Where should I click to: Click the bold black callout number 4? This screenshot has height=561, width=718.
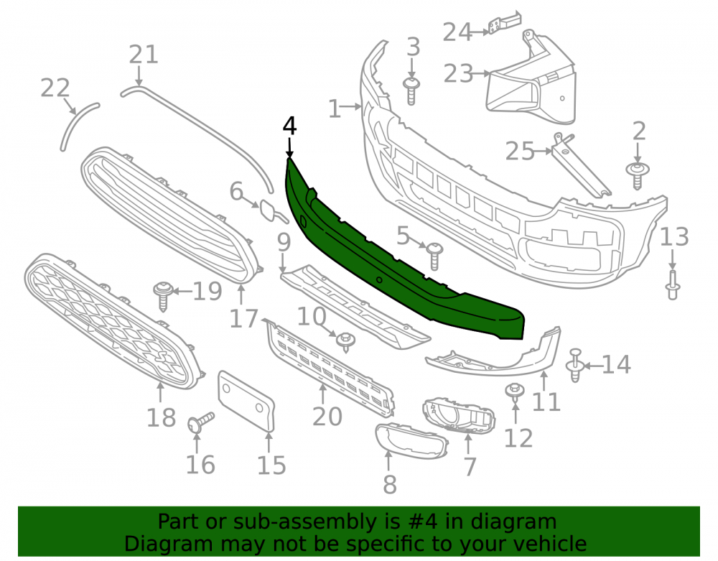coord(289,126)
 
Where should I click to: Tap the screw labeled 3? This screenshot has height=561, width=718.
coord(411,91)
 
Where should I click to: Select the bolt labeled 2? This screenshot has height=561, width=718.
coord(638,175)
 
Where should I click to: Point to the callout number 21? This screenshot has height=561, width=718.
coord(144,55)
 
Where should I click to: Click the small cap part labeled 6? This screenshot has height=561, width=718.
coord(271,211)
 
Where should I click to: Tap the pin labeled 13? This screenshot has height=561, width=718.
coord(672,285)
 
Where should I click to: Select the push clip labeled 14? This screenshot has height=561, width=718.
coord(575,365)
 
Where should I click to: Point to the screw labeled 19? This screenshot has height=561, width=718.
coord(162,296)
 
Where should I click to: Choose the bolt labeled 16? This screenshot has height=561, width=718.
coord(200,422)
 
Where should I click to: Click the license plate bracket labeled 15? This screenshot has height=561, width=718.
coord(246,401)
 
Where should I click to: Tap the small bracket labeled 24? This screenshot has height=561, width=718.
coord(504,23)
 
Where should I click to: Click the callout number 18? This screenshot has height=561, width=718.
coord(161,417)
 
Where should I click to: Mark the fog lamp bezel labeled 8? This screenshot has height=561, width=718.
coord(411,441)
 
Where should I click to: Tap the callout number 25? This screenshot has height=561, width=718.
coord(520,151)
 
